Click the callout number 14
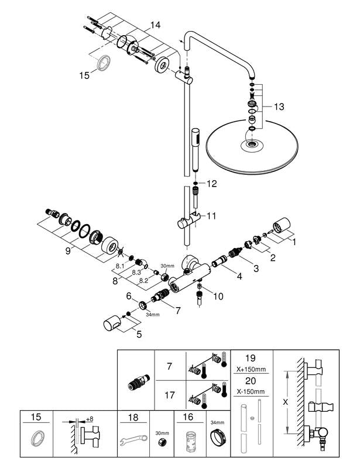(155, 25)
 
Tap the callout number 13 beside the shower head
(279, 106)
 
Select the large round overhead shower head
(252, 146)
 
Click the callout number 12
(211, 184)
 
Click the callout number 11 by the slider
(211, 216)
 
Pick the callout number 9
(68, 251)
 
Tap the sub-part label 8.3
(136, 272)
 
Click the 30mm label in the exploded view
(167, 266)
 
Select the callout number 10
(218, 296)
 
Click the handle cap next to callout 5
(112, 323)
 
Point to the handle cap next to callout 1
(282, 225)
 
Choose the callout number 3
(256, 269)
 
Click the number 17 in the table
(169, 395)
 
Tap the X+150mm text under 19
(251, 369)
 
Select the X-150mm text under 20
(251, 391)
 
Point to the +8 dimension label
(90, 419)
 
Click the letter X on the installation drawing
(286, 402)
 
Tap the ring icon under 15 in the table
(36, 439)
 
